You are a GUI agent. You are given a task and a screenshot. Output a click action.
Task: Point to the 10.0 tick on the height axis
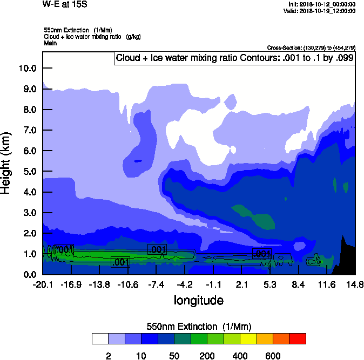pyautogui.click(x=27, y=68)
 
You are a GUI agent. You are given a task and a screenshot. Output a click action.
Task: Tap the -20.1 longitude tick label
pyautogui.click(x=42, y=285)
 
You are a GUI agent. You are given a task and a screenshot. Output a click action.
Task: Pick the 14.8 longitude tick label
pyautogui.click(x=354, y=285)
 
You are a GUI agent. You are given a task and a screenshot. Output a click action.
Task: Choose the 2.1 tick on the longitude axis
pyautogui.click(x=241, y=285)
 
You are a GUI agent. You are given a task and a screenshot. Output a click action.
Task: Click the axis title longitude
pyautogui.click(x=198, y=300)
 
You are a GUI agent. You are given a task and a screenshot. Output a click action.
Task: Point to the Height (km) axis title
pyautogui.click(x=7, y=162)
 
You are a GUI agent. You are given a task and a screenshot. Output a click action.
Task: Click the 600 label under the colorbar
pyautogui.click(x=273, y=356)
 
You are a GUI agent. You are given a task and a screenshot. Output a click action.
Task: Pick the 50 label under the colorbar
pyautogui.click(x=174, y=356)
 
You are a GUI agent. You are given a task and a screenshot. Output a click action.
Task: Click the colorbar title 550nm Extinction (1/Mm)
pyautogui.click(x=199, y=327)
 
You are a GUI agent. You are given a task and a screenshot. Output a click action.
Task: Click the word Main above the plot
pyautogui.click(x=50, y=42)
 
